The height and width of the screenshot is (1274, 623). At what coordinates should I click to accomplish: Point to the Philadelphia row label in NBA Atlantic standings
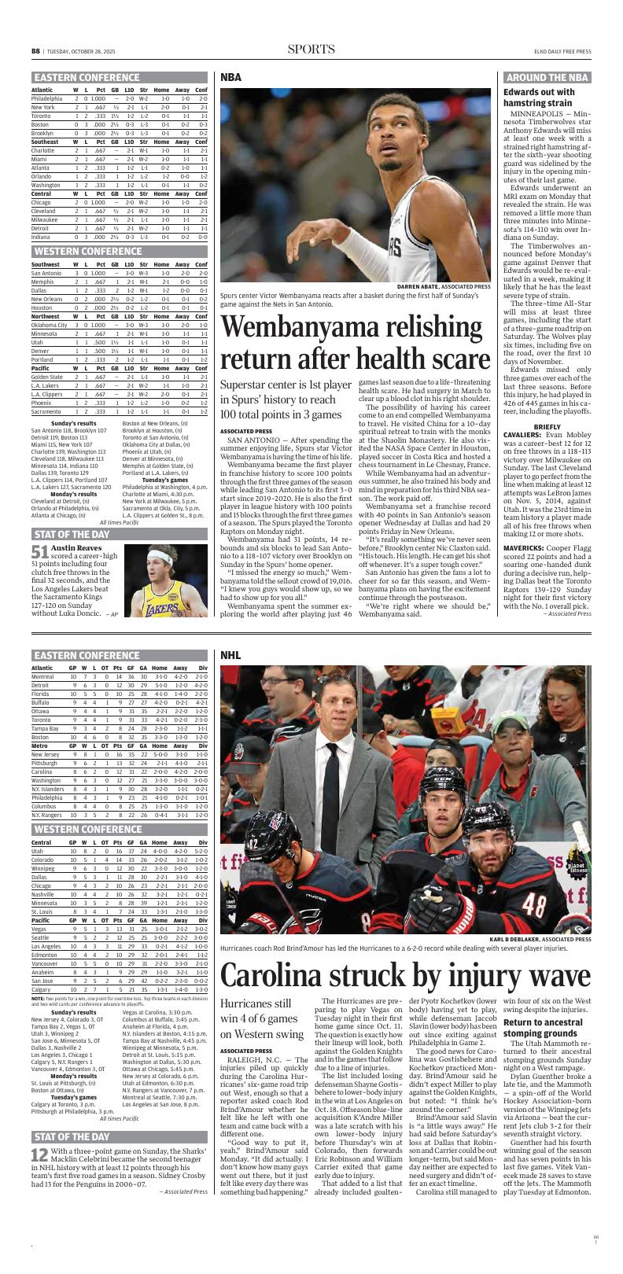(x=46, y=98)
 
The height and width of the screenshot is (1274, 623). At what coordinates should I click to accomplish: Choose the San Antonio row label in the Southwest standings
(x=46, y=272)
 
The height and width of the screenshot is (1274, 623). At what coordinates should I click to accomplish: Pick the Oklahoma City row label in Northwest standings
(x=49, y=324)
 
